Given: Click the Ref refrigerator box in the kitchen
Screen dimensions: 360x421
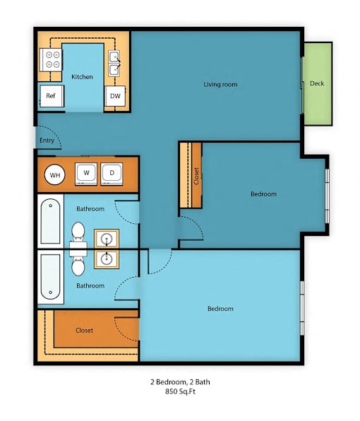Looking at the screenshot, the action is click(52, 96).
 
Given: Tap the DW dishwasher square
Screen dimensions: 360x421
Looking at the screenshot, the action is click(115, 96).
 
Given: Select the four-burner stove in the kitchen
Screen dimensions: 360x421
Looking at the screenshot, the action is click(51, 59).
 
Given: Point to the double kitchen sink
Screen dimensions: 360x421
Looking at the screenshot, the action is click(114, 64).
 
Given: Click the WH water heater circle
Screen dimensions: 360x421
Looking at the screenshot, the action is click(55, 174).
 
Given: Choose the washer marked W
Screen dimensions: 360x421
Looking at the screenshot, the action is click(86, 174).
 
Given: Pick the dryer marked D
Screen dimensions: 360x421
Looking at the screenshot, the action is click(112, 174).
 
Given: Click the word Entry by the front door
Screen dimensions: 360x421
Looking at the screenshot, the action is click(47, 140).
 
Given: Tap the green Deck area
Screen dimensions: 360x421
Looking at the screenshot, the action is click(318, 83).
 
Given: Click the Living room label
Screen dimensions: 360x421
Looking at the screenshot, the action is click(220, 84).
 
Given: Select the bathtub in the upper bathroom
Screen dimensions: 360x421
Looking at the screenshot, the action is click(50, 221).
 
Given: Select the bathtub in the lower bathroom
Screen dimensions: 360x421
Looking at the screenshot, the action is click(50, 277).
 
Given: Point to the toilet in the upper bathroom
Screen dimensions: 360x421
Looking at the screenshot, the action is click(78, 235).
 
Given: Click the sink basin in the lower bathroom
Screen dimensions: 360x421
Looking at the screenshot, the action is click(107, 259).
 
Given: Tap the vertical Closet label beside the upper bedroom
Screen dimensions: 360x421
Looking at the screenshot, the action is click(196, 176).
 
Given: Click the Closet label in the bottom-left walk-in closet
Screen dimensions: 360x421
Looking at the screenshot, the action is click(84, 331).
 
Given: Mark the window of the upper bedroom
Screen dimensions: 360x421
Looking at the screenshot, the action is click(327, 196).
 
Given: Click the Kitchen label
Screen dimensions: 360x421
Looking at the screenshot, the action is click(82, 77).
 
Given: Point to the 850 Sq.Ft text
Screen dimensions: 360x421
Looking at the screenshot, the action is click(180, 391).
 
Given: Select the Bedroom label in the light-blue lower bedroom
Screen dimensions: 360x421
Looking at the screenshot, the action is click(220, 309).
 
